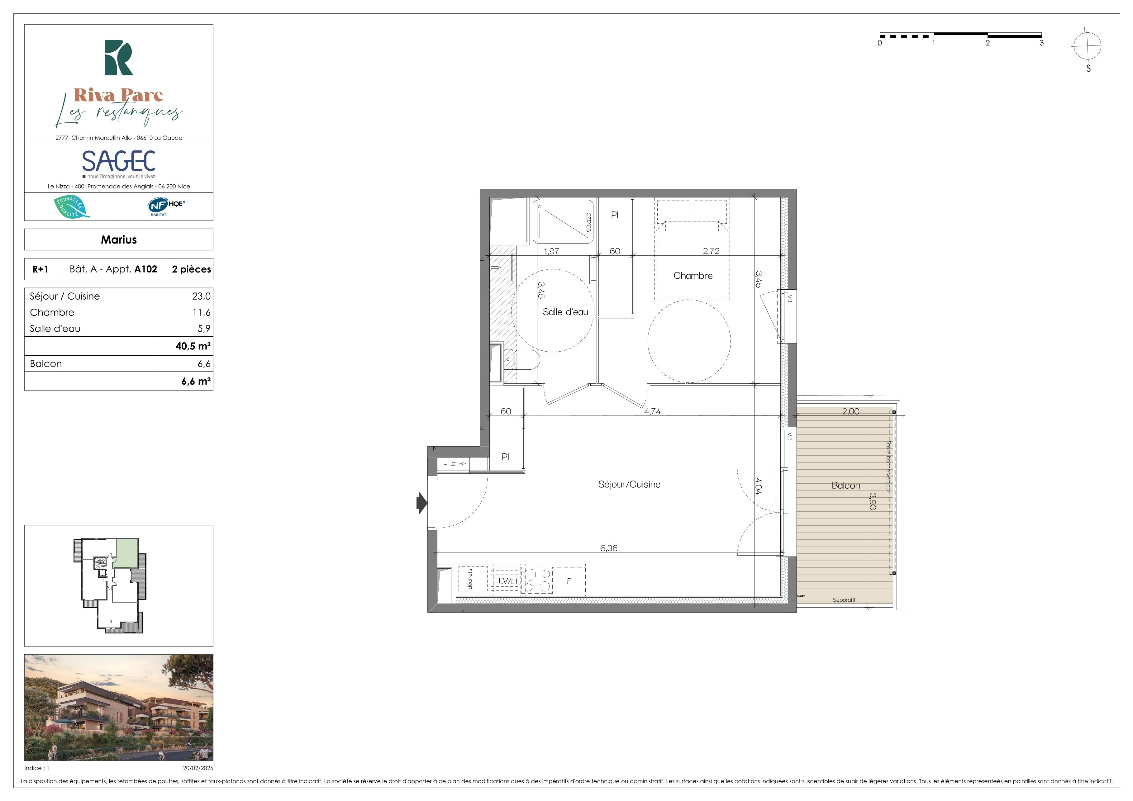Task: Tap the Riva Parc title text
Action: (118, 95)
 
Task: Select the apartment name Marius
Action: (119, 240)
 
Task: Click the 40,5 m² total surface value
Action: (193, 346)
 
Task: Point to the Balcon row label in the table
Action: (46, 363)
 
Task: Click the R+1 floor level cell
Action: (40, 269)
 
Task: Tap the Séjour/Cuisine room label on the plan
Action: (629, 484)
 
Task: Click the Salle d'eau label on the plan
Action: (565, 312)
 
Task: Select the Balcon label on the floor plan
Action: (846, 485)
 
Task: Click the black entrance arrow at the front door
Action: (422, 503)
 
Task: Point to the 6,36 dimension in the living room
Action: (608, 548)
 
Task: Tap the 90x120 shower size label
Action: (588, 222)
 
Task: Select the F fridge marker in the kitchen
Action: (569, 581)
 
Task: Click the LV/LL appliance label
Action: (509, 581)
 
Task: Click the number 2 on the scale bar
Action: (988, 43)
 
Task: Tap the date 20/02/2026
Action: (198, 768)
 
